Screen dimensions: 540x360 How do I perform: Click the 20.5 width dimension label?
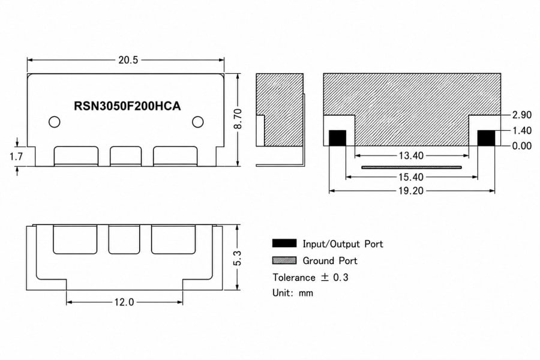click(x=128, y=60)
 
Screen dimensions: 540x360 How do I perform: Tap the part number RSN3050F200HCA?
click(x=127, y=106)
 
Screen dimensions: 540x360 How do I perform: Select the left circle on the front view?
click(x=55, y=122)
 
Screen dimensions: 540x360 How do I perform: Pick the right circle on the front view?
click(x=197, y=122)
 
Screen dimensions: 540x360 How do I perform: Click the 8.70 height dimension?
click(x=238, y=119)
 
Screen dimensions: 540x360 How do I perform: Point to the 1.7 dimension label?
click(x=16, y=157)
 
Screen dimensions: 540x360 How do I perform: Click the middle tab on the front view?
click(x=126, y=157)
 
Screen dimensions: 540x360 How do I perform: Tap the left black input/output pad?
click(x=337, y=138)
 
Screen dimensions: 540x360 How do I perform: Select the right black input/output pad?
click(x=486, y=138)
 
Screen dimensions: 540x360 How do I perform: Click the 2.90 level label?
click(x=522, y=115)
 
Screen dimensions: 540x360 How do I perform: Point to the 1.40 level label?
click(x=522, y=131)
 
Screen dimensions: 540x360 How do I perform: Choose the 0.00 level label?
click(x=522, y=146)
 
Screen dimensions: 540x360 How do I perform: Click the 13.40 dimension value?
click(x=411, y=156)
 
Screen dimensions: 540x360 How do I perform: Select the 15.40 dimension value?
click(x=411, y=177)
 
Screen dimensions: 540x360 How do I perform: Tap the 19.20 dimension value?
click(x=411, y=191)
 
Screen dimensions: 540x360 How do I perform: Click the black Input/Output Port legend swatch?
click(x=284, y=243)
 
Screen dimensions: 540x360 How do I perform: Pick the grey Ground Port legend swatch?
click(x=284, y=260)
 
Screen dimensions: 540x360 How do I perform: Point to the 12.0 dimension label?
click(x=124, y=302)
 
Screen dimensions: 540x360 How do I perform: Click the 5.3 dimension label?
click(x=237, y=258)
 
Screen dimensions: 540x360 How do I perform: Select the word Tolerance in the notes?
click(x=294, y=277)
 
